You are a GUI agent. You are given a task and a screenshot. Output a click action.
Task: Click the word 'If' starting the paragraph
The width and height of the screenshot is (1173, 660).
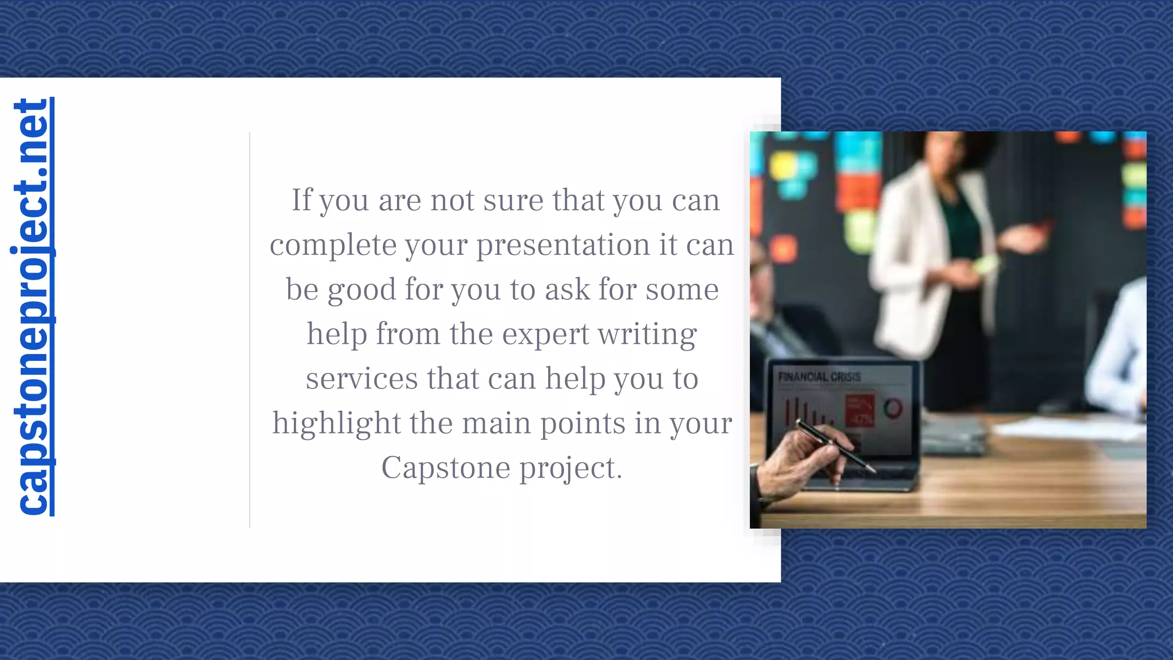click(302, 200)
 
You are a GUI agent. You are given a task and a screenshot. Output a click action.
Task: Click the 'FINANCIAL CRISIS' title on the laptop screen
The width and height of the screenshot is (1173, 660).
click(819, 377)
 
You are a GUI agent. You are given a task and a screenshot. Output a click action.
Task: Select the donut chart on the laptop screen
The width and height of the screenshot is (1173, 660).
click(892, 408)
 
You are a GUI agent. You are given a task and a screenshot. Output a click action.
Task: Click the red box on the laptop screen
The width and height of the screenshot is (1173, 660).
click(860, 410)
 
